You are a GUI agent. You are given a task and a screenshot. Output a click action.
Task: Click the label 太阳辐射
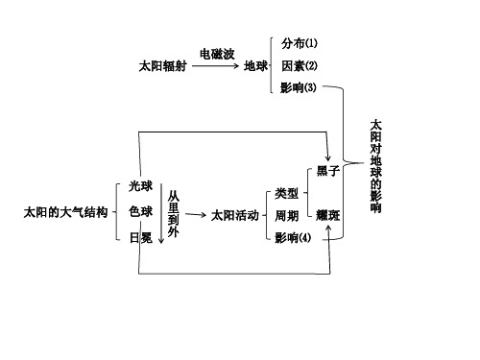(163, 67)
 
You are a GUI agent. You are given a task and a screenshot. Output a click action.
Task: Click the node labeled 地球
(256, 67)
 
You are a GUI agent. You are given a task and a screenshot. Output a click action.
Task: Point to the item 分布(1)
(300, 44)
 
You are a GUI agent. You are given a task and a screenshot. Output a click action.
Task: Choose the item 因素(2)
(300, 66)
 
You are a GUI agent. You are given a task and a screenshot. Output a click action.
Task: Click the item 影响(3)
(300, 88)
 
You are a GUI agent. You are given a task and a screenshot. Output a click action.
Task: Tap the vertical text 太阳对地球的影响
(375, 165)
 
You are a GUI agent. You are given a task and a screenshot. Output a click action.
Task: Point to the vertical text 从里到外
(173, 211)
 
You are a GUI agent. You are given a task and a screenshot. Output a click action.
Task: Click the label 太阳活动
(235, 215)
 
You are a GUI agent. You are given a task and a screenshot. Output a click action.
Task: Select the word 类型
(286, 193)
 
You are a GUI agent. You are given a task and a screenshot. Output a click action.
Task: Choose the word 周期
(286, 215)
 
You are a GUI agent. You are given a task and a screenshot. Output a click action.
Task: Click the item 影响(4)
(293, 237)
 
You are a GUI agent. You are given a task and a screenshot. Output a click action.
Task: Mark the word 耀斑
(327, 215)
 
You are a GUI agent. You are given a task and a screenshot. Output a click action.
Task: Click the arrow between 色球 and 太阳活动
(196, 215)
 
